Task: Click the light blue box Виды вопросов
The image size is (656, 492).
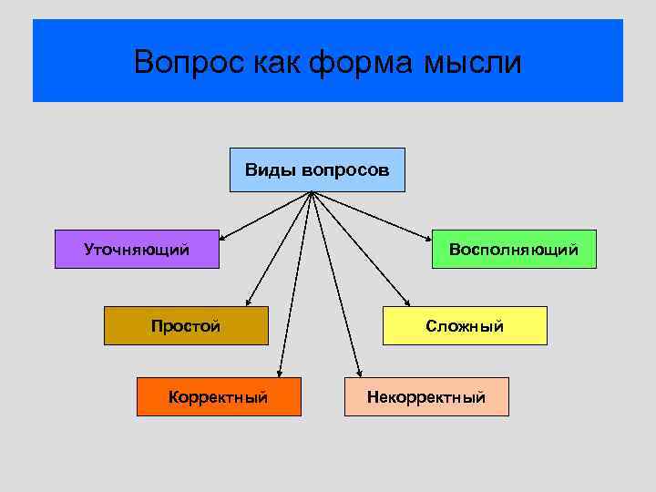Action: point(317,169)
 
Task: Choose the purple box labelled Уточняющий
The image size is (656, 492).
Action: point(137,249)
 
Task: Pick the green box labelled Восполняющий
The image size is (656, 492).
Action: point(514,249)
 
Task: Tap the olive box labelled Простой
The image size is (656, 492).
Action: point(186,326)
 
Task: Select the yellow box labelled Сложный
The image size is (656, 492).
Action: point(465,326)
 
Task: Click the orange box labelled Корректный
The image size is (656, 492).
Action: point(219,397)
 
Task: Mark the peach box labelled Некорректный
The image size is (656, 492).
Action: point(426,397)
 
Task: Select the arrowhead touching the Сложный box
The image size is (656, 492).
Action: point(407,304)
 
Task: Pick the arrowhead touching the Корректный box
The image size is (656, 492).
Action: point(280,373)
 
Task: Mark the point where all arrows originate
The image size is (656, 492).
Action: point(313,192)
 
